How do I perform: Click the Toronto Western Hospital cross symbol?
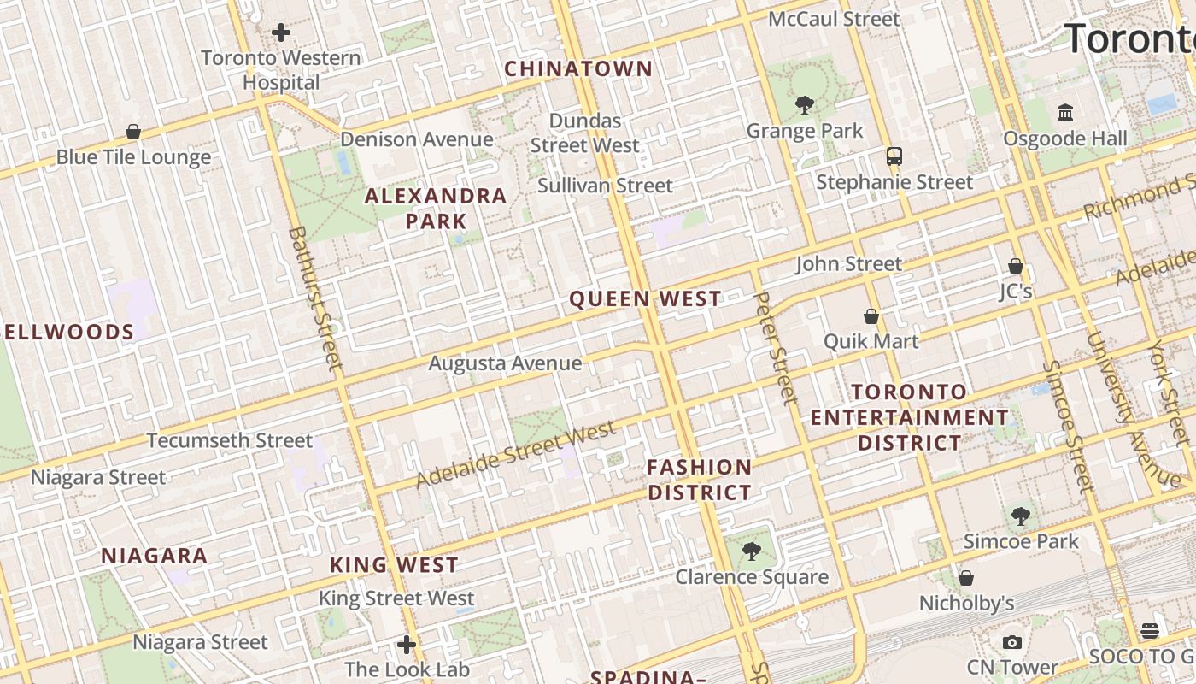click(281, 32)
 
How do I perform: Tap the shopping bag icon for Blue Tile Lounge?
click(133, 132)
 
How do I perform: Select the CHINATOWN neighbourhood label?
click(578, 68)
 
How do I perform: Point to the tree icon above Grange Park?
click(804, 105)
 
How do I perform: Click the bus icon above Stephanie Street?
click(894, 156)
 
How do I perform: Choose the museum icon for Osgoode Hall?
click(1065, 112)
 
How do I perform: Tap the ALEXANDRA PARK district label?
click(436, 208)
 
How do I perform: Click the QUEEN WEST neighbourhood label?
click(645, 298)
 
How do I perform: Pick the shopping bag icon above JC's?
click(1016, 266)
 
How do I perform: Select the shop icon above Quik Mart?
click(871, 316)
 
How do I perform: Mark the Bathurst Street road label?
click(314, 298)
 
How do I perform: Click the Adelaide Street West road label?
click(516, 454)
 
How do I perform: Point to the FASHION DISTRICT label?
click(699, 480)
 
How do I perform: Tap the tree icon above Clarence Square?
click(752, 551)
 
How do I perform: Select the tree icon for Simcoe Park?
click(1021, 516)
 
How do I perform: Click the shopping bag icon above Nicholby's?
click(966, 578)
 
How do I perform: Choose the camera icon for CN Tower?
click(1012, 642)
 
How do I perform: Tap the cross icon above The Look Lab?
click(407, 644)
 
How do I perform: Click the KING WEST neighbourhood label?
click(395, 565)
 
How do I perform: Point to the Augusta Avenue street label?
click(505, 363)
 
